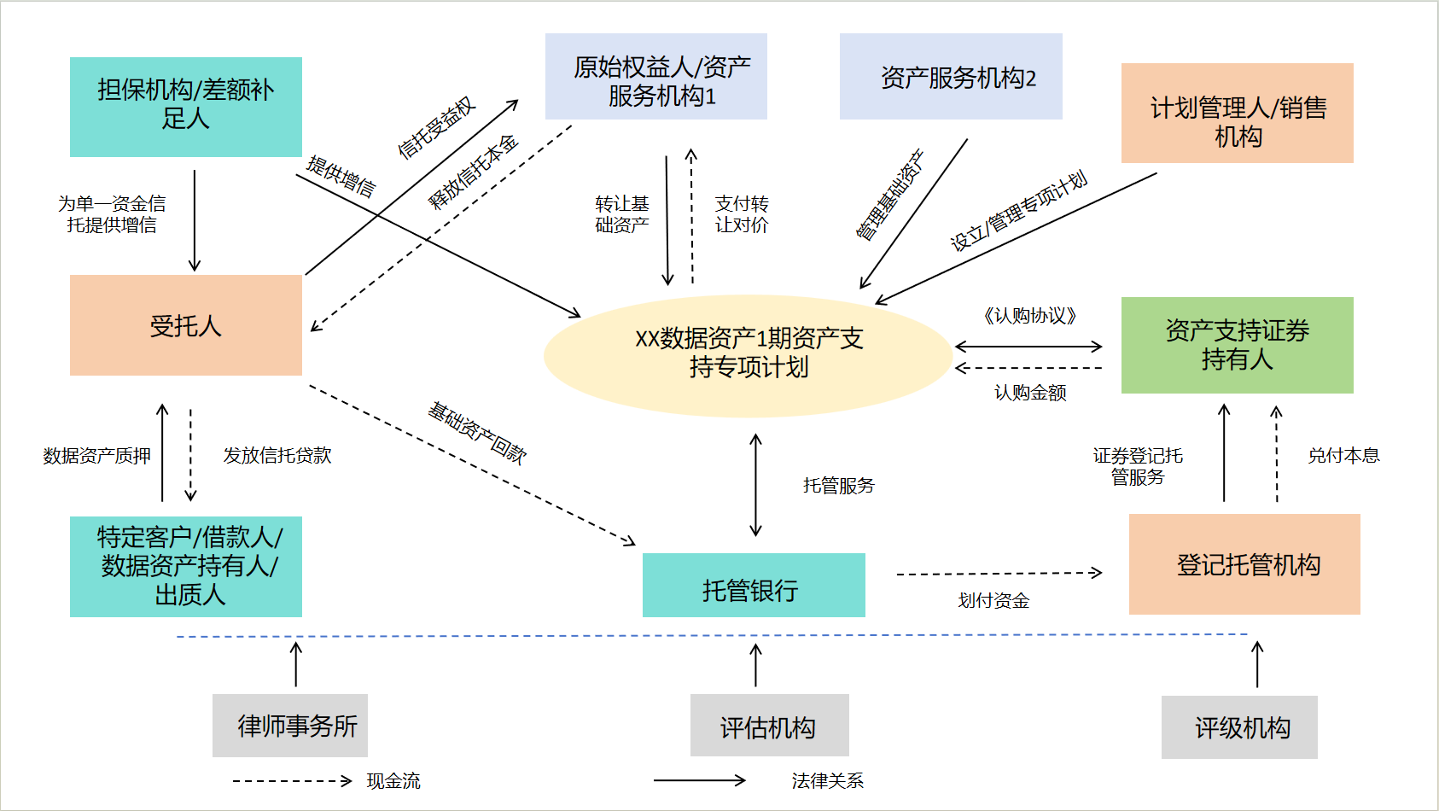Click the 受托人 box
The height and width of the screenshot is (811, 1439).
click(x=185, y=325)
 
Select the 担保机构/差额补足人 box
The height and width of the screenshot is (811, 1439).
click(x=185, y=107)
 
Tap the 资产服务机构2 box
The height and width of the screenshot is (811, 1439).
click(x=951, y=77)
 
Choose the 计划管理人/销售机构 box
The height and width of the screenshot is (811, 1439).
click(x=1237, y=113)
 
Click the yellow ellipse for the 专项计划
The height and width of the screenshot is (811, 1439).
click(x=748, y=354)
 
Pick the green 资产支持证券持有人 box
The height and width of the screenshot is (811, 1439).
click(x=1237, y=345)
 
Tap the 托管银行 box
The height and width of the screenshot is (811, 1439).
click(x=753, y=586)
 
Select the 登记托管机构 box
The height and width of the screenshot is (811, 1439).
click(x=1244, y=564)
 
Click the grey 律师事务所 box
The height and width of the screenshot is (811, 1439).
click(x=290, y=726)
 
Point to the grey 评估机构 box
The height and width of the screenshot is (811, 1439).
click(x=769, y=726)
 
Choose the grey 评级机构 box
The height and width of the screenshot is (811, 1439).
click(x=1239, y=727)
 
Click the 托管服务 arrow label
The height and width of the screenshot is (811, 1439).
click(x=838, y=486)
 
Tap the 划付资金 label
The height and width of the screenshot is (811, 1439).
click(x=993, y=601)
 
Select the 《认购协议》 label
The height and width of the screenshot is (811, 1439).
click(x=1029, y=316)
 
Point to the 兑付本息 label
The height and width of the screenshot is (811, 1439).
click(x=1343, y=456)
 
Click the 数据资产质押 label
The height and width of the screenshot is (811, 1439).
click(x=96, y=456)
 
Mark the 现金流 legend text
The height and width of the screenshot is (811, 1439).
click(x=393, y=781)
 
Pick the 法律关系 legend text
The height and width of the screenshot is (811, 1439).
click(x=827, y=781)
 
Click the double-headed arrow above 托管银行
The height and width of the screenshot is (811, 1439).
click(x=755, y=485)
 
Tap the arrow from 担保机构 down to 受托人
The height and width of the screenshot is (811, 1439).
click(x=195, y=220)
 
